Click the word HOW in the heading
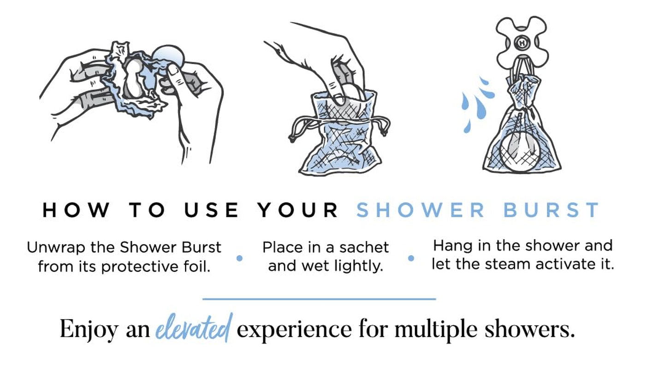(x=76, y=210)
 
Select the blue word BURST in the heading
(x=551, y=210)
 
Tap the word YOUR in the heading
(x=298, y=210)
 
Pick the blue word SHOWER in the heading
(x=421, y=210)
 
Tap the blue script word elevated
(x=194, y=328)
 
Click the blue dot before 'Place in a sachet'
(x=239, y=259)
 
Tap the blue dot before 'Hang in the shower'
(x=411, y=259)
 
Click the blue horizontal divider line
(x=319, y=299)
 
